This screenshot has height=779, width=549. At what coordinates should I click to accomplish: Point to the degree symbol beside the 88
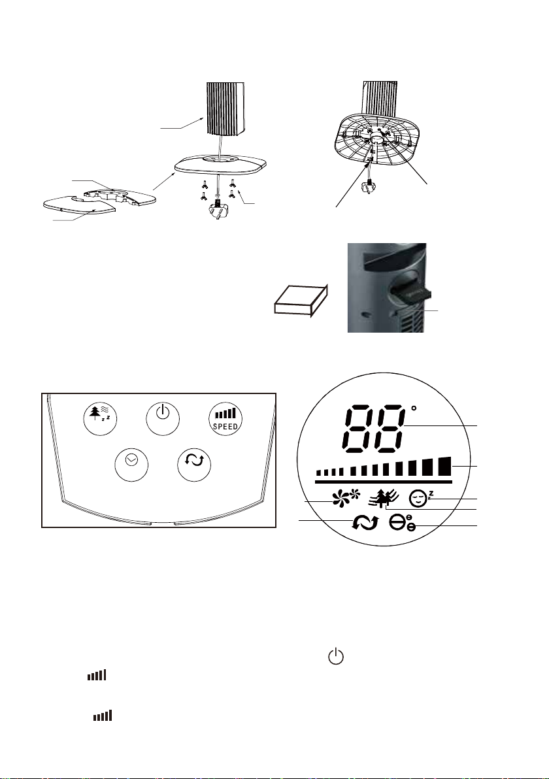[413, 409]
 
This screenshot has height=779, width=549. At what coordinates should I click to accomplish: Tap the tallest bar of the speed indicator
[445, 466]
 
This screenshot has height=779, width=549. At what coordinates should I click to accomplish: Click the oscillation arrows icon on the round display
[365, 523]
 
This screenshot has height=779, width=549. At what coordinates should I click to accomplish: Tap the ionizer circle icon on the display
[401, 523]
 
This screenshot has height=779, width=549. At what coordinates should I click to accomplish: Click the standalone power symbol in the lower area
[336, 655]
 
